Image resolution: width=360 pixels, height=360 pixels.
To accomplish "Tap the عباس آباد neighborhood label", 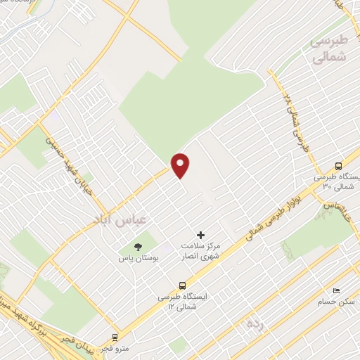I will (117, 220).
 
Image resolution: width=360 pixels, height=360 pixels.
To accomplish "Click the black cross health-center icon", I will (200, 235).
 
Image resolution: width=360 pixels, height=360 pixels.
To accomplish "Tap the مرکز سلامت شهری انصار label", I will (201, 252).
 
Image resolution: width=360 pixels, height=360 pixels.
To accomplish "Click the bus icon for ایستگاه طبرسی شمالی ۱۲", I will (183, 285).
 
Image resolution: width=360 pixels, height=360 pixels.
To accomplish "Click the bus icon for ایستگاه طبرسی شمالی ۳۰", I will (339, 167).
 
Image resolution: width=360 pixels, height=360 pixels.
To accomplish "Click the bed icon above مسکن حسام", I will (335, 290).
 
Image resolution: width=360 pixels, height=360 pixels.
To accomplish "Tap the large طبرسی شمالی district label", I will (330, 49).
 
